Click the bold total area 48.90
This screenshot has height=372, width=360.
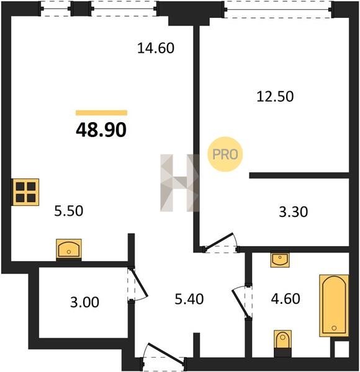(x=101, y=130)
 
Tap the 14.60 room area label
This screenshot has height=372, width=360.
(x=156, y=48)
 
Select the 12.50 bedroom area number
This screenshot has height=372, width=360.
(x=275, y=97)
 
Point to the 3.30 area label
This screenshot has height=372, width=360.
(x=293, y=212)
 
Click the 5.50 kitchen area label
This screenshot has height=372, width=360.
(x=69, y=211)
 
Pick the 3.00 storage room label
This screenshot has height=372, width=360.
(x=84, y=303)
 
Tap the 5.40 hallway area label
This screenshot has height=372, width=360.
(x=189, y=299)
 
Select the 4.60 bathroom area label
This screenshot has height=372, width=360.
(x=286, y=299)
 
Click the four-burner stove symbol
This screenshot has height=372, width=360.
(x=25, y=192)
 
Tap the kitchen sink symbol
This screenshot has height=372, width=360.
(x=69, y=249)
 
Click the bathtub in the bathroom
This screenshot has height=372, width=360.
(x=334, y=306)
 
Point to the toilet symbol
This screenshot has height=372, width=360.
(x=282, y=343)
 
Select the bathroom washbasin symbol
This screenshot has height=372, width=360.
(x=280, y=260)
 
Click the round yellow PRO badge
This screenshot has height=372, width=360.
(x=225, y=154)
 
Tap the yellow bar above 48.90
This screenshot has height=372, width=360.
(x=101, y=113)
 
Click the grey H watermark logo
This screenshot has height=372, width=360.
(x=180, y=183)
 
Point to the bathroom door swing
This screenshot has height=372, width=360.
(x=241, y=302)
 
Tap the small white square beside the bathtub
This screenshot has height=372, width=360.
(x=342, y=349)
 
